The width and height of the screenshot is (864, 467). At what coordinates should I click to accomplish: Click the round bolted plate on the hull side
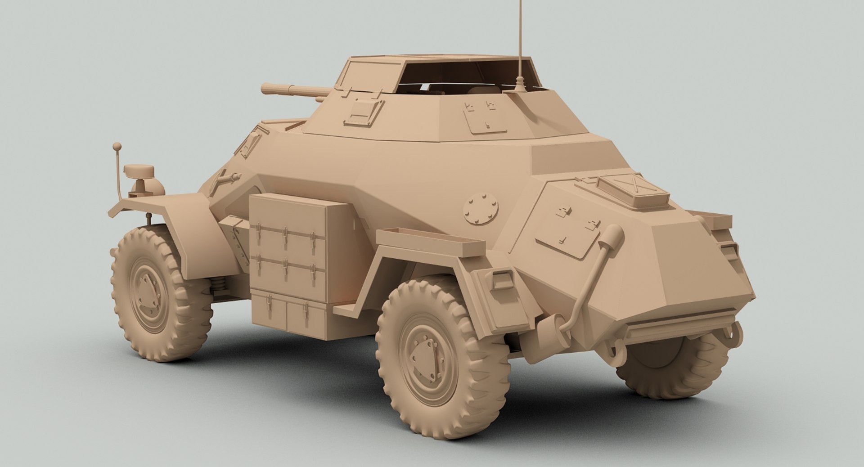481,210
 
